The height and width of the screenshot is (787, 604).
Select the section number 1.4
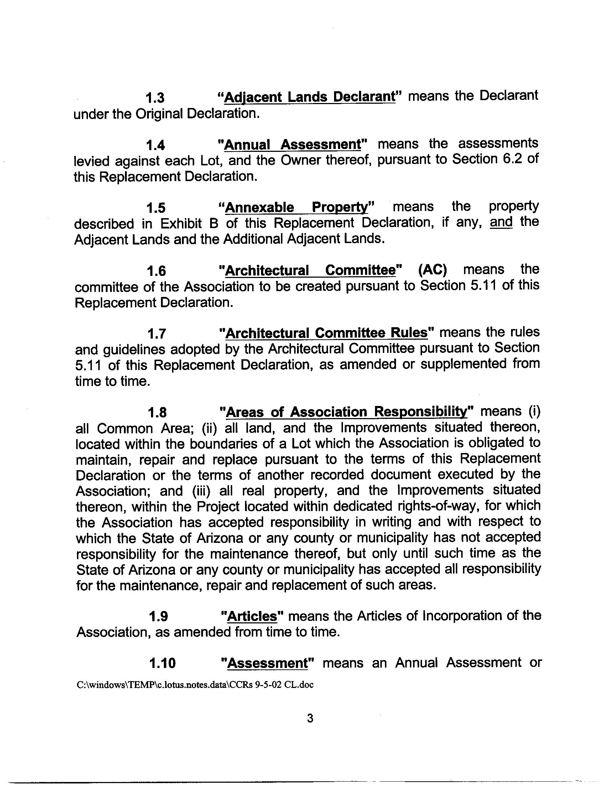tap(155, 145)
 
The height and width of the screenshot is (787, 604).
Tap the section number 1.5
tap(156, 208)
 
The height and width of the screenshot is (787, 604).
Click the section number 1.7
tap(157, 334)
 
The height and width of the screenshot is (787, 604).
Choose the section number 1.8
tap(157, 413)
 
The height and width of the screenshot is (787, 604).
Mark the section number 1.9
tap(158, 617)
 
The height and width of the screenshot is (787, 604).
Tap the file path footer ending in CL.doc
tap(195, 685)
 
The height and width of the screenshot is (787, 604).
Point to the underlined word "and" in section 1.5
tap(501, 222)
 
